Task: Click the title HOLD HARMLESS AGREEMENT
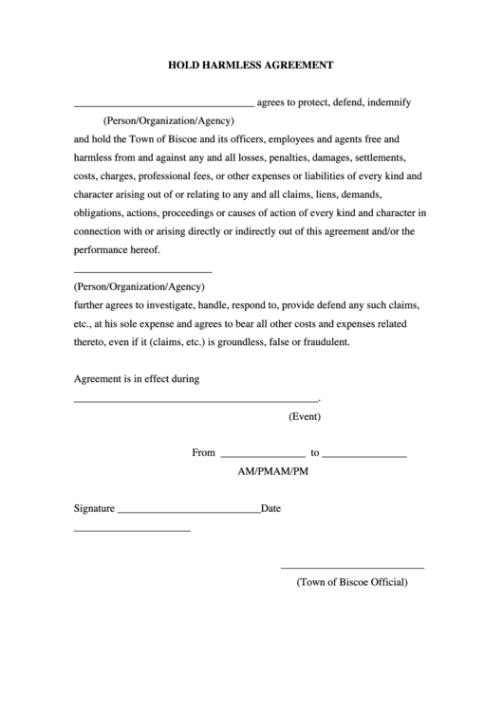click(x=251, y=66)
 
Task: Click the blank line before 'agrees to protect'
click(x=163, y=104)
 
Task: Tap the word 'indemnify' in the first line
click(x=388, y=101)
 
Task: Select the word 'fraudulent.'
click(x=321, y=342)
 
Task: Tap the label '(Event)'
click(x=305, y=416)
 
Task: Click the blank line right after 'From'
click(x=262, y=456)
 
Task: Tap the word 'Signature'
click(x=94, y=508)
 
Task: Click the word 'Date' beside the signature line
click(x=271, y=508)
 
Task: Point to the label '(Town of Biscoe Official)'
click(x=352, y=582)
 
